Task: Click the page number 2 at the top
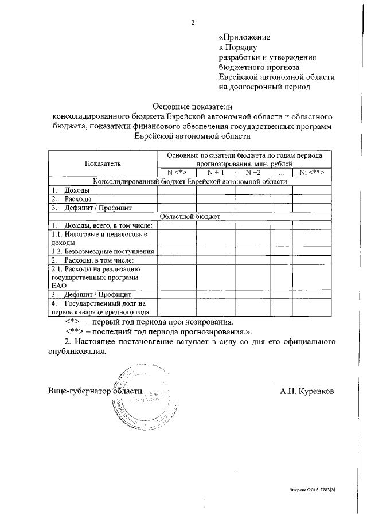193,22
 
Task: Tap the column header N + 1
215,172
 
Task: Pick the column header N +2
253,172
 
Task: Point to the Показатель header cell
103,163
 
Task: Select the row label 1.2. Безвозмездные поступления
102,251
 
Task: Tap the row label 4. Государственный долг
100,307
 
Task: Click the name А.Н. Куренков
307,391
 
